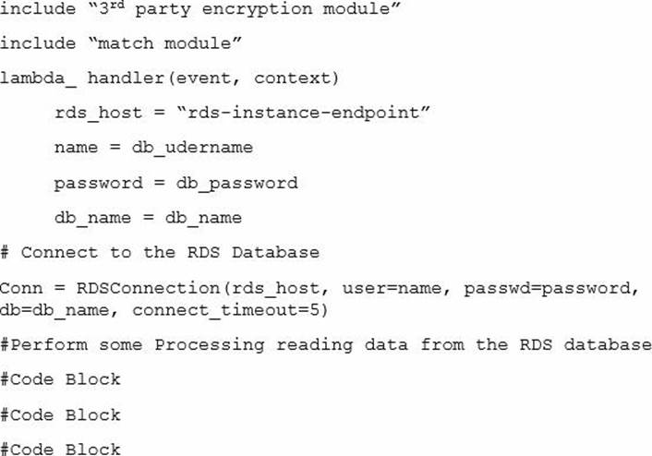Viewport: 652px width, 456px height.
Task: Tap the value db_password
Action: point(236,183)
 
